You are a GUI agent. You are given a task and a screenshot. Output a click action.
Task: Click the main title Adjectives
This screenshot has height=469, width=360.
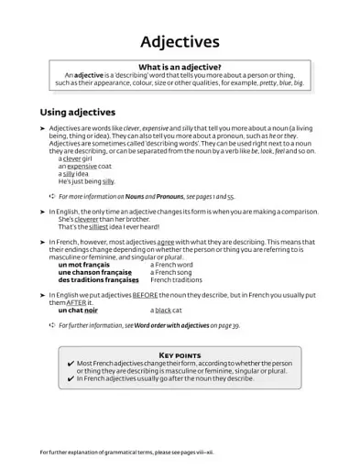click(180, 41)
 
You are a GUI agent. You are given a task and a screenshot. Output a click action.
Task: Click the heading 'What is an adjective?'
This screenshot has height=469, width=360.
click(179, 67)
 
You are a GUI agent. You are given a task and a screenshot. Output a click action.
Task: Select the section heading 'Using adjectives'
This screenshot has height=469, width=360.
click(77, 112)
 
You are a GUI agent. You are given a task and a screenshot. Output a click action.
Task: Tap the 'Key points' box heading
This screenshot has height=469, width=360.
click(180, 354)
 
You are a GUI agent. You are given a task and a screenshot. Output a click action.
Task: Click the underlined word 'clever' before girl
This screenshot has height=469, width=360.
click(73, 159)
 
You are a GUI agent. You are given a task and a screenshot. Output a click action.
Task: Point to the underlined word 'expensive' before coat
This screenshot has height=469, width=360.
click(82, 167)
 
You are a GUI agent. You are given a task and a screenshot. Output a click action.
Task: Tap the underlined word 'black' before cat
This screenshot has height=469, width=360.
click(163, 311)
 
